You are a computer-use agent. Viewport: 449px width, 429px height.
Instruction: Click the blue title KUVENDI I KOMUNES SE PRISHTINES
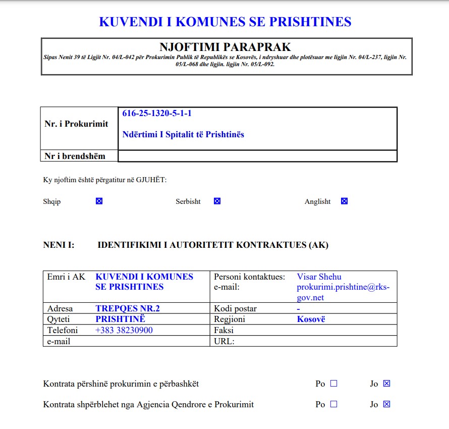coord(225,22)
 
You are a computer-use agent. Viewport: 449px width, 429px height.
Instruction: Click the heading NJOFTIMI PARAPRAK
coord(226,47)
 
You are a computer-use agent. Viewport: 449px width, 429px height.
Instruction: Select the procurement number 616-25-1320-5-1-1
coord(157,114)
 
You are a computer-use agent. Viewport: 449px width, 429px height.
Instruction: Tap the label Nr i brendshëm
coord(75,156)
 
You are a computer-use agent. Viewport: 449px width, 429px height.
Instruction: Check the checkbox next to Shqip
coord(99,201)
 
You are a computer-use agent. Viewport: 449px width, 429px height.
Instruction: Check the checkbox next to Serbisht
coord(217,201)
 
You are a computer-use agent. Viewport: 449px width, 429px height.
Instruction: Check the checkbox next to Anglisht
coord(344,201)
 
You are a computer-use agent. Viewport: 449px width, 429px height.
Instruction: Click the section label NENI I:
coord(59,245)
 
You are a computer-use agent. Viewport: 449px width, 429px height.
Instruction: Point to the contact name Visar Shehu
coord(319,277)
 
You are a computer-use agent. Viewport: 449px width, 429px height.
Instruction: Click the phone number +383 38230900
coord(124,331)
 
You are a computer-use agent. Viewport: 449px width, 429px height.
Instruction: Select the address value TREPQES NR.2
coord(128,308)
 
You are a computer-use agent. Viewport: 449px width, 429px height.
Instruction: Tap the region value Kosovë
coord(311,319)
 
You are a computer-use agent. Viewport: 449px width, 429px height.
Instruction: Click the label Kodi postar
coord(235,308)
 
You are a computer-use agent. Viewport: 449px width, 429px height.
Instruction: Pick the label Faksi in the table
coord(224,331)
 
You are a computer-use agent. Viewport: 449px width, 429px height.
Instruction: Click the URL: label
coord(224,341)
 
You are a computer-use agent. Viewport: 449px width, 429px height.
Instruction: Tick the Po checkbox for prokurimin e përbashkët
coord(333,384)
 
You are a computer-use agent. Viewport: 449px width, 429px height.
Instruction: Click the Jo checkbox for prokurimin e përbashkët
coord(387,384)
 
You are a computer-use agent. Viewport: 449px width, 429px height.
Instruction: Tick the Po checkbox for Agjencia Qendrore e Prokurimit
coord(333,404)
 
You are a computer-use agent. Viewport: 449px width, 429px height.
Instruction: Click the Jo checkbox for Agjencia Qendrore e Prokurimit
coord(387,404)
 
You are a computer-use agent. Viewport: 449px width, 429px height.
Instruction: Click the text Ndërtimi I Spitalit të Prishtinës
coord(183,135)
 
